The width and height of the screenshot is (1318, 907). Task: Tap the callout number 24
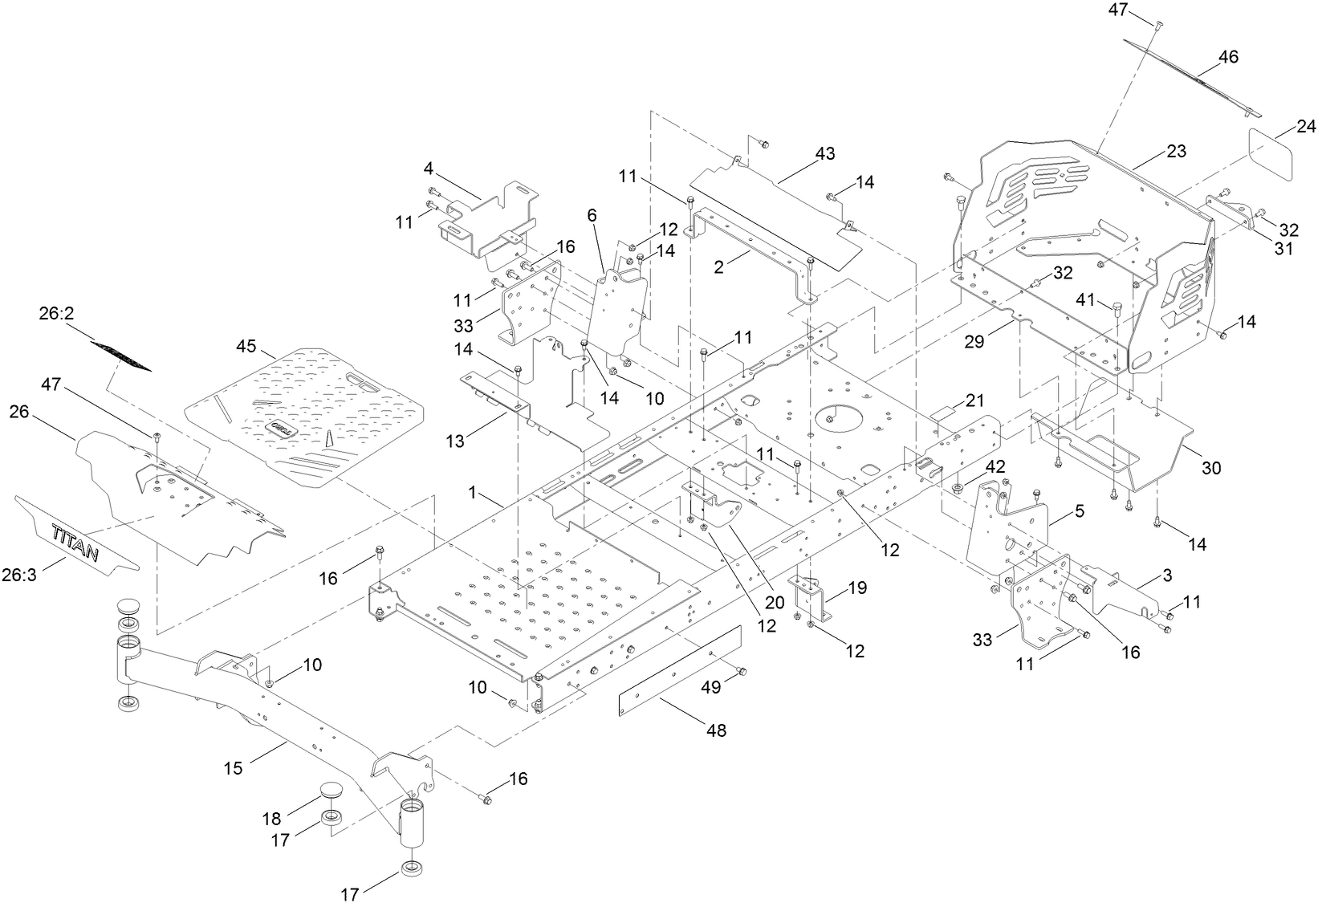1306,127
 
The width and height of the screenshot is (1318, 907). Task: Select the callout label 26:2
56,315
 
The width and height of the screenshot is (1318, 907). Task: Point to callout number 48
716,730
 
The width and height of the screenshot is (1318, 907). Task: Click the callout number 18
272,819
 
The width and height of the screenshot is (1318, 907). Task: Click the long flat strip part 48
678,670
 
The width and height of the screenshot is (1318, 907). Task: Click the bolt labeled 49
741,670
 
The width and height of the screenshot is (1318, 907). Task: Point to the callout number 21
974,400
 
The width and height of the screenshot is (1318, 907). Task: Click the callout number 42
995,467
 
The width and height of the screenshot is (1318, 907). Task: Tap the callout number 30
1210,467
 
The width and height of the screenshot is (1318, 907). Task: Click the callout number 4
429,169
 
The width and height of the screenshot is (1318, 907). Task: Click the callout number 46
1228,57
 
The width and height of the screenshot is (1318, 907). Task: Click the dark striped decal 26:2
120,356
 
